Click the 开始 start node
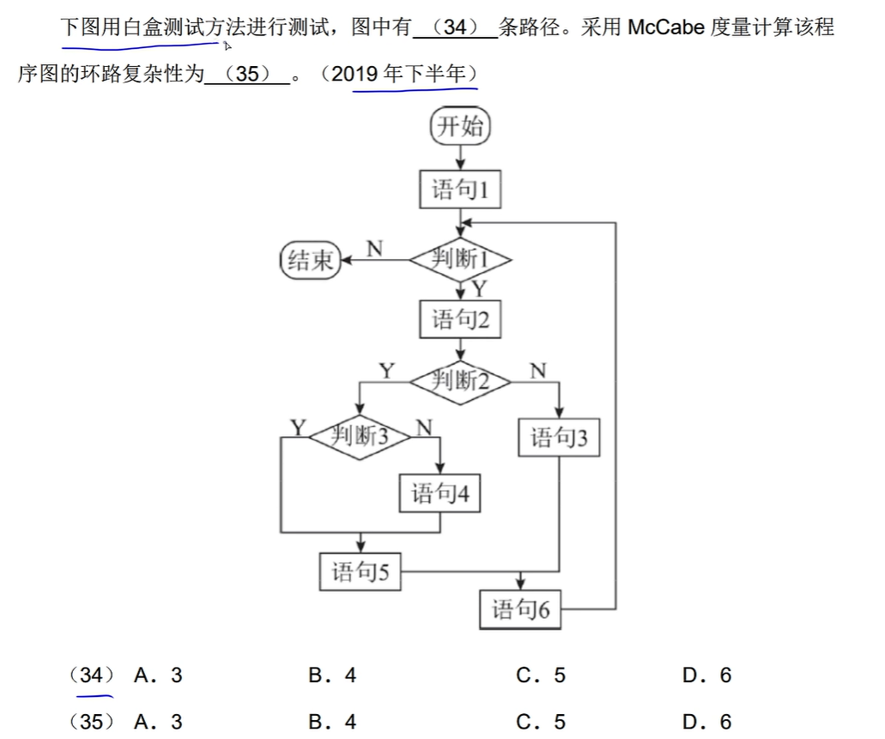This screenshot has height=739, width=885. click(460, 127)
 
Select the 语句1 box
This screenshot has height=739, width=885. click(460, 189)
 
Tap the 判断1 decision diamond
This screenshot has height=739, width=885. click(460, 258)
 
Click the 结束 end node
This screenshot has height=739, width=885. click(311, 259)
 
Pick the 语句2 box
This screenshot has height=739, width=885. click(460, 319)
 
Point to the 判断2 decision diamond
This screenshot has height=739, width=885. click(460, 379)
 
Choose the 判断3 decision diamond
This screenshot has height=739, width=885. click(361, 436)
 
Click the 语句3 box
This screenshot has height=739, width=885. click(559, 438)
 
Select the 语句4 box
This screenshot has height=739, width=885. click(440, 494)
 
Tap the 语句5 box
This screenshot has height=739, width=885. click(361, 571)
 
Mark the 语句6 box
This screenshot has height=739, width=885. click(520, 610)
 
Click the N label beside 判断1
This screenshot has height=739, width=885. click(374, 249)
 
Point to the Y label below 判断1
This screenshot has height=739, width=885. click(479, 288)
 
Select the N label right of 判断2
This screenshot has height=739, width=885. click(537, 371)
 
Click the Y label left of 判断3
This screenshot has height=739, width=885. click(298, 427)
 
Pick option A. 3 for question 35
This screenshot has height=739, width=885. click(158, 722)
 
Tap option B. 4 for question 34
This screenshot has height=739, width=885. click(332, 675)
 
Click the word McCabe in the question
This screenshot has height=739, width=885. click(667, 27)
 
